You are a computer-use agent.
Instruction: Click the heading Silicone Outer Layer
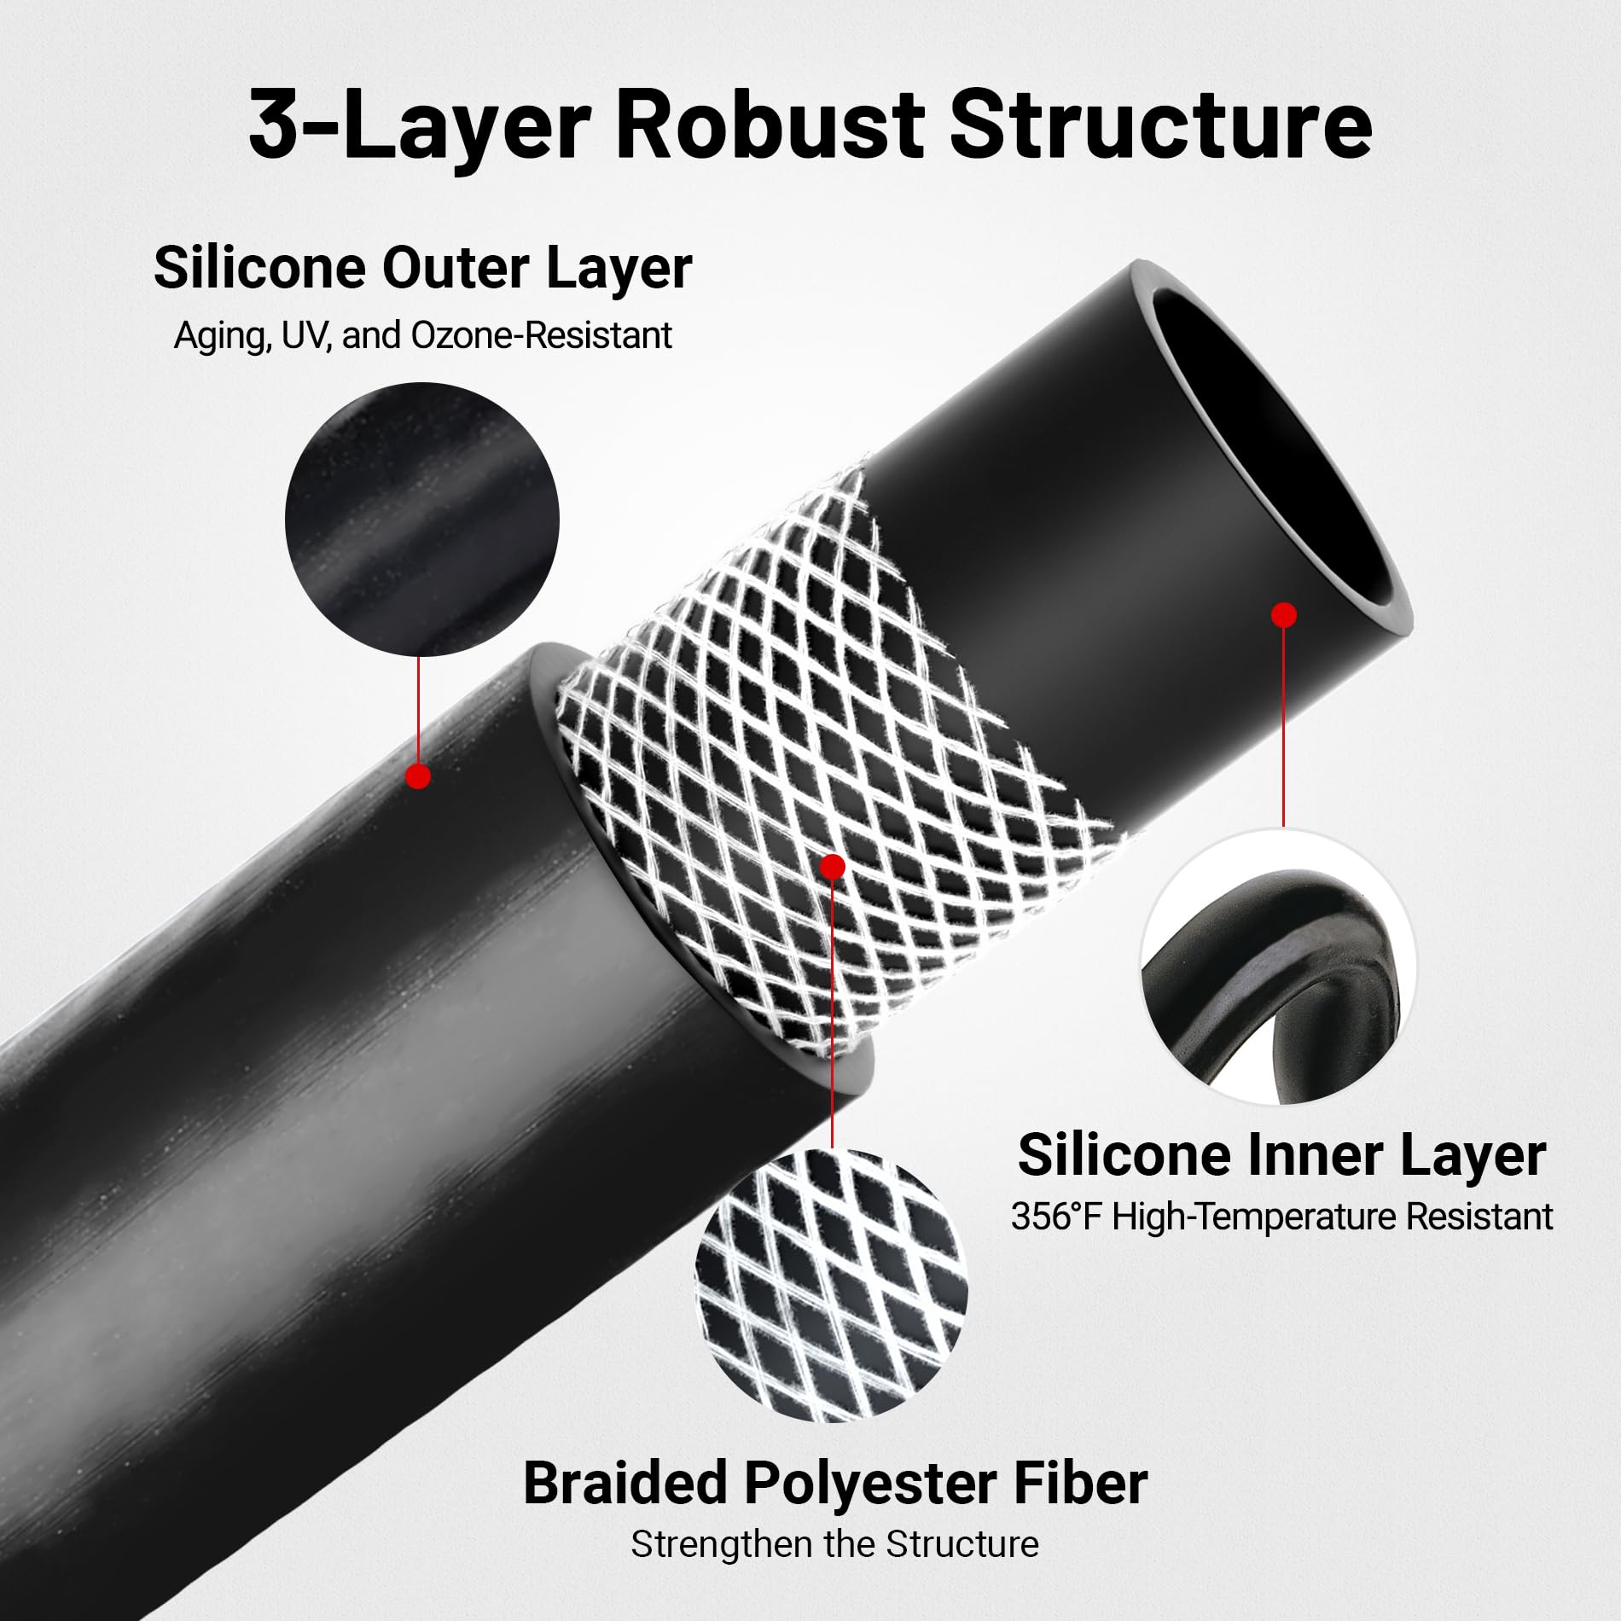tap(422, 269)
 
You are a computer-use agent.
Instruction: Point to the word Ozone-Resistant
tap(541, 336)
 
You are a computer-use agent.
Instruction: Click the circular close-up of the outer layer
tap(421, 520)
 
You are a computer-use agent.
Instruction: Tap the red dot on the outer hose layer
tap(418, 776)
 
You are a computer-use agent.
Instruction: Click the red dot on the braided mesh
tap(832, 867)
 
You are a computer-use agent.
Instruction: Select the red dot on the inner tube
tap(1283, 614)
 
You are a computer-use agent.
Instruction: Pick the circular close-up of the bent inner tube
tap(1278, 966)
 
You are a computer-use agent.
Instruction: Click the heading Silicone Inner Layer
tap(1281, 1155)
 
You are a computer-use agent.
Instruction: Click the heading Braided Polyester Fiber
tap(834, 1484)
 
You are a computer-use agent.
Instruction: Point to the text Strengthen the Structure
tap(834, 1545)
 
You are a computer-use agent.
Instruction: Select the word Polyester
tap(870, 1484)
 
